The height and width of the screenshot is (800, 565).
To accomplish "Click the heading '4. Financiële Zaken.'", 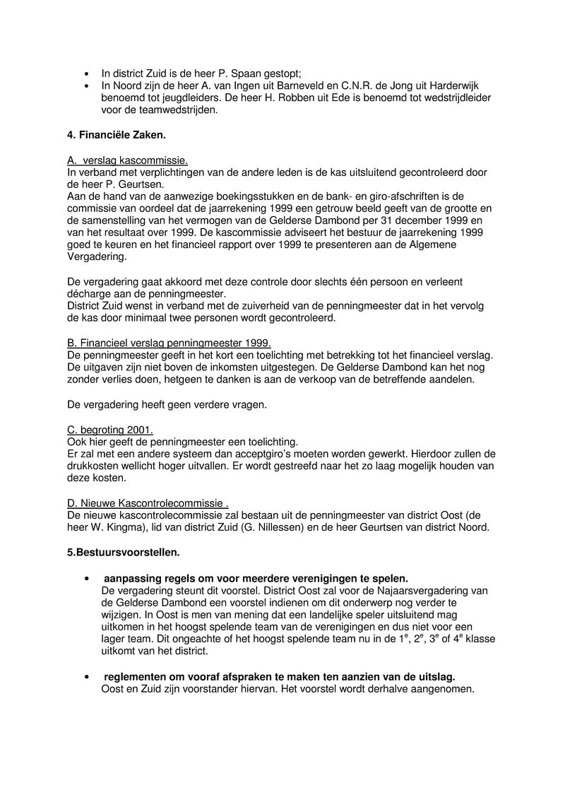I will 116,133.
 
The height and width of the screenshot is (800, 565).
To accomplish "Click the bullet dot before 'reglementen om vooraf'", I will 86,677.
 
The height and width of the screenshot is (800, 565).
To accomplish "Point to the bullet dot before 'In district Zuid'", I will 86,73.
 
